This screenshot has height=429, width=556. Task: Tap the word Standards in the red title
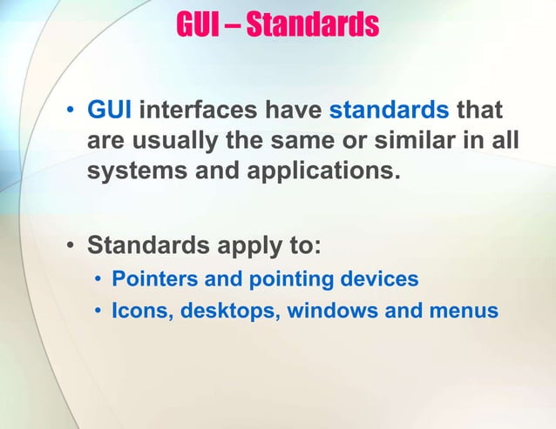click(312, 24)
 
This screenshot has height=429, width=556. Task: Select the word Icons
click(139, 310)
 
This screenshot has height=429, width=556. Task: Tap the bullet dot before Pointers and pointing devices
click(99, 280)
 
